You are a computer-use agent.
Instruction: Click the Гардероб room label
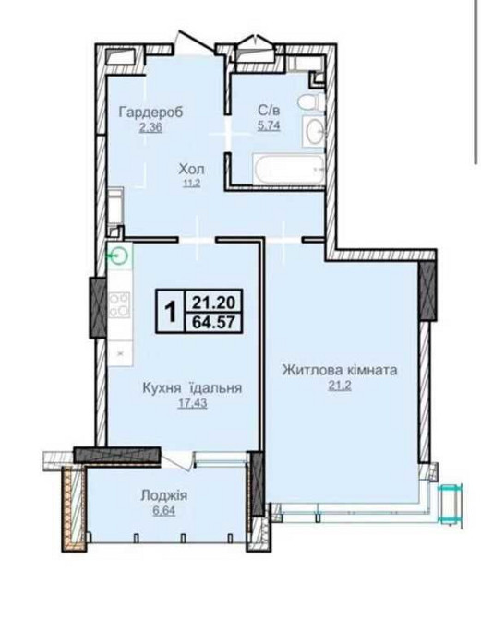point(151,113)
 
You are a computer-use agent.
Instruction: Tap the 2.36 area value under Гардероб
point(151,128)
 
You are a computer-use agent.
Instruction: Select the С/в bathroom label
point(270,113)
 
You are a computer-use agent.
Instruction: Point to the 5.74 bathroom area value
point(270,128)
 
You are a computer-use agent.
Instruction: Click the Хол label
point(191,170)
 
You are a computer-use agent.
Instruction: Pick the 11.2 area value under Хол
point(191,184)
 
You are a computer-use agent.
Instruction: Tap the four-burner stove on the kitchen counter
point(118,304)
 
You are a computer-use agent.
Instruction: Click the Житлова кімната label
point(339,370)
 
